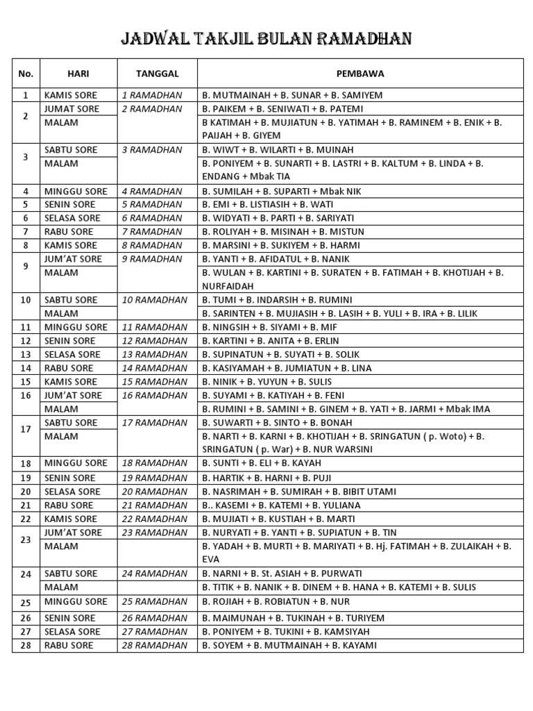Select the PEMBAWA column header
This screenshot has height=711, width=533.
click(360, 73)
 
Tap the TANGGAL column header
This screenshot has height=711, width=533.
click(158, 73)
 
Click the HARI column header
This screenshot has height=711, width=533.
click(78, 73)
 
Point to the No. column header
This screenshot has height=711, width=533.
click(26, 73)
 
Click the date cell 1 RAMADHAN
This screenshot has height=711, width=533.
click(152, 95)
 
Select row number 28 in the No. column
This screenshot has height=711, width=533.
click(26, 645)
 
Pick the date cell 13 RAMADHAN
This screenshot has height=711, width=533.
click(154, 354)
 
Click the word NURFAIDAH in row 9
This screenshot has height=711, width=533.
click(228, 286)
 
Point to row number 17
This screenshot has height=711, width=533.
click(26, 429)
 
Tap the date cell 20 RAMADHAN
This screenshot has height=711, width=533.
click(154, 492)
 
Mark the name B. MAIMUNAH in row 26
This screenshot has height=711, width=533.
click(233, 618)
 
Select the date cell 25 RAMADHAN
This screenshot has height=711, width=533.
click(154, 601)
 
